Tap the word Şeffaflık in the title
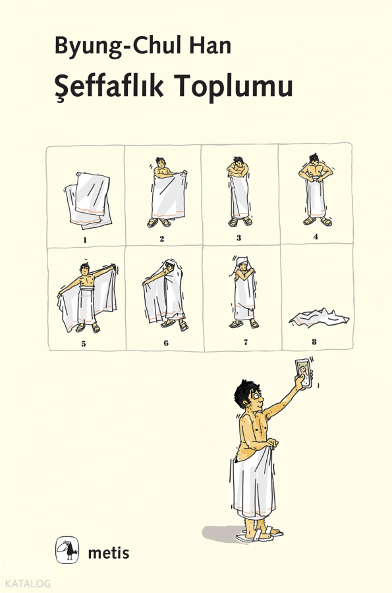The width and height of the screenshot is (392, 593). click(x=109, y=86)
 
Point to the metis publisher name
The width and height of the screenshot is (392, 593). click(x=109, y=553)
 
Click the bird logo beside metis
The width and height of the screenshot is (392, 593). click(x=67, y=550)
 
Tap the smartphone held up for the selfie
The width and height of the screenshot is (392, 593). click(x=304, y=374)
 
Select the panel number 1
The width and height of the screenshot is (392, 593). click(x=85, y=240)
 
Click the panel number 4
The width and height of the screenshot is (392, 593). click(x=316, y=237)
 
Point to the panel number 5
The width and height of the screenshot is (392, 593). click(x=84, y=344)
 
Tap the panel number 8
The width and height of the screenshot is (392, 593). click(x=314, y=342)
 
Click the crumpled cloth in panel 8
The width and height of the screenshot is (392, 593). click(x=319, y=318)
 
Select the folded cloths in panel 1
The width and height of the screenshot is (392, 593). click(x=88, y=200)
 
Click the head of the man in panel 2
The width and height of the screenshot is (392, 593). click(x=161, y=163)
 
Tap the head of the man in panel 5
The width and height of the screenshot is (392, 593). click(x=85, y=269)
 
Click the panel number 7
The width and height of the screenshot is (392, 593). click(x=246, y=343)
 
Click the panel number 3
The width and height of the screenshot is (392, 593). click(x=239, y=238)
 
